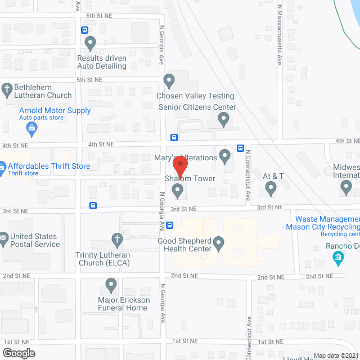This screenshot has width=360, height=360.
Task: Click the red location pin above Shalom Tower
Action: [180, 164]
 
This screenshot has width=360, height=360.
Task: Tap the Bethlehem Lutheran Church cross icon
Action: [7, 89]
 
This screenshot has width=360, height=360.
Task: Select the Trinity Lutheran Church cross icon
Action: [117, 238]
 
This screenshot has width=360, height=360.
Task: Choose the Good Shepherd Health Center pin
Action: [219, 242]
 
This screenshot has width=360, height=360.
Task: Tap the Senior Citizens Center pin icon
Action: [224, 119]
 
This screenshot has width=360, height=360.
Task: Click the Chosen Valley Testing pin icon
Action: [168, 80]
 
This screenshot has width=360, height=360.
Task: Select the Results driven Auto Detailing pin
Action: [90, 42]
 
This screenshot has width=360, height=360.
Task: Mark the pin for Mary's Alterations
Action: [225, 154]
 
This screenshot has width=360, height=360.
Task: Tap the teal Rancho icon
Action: [338, 259]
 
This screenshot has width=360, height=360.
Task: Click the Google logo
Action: [19, 353]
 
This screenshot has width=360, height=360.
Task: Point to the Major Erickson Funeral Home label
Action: [124, 304]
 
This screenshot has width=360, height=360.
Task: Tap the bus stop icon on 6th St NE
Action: [84, 30]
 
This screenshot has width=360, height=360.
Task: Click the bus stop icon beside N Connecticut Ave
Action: [240, 148]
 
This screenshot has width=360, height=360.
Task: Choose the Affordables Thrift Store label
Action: [49, 166]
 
